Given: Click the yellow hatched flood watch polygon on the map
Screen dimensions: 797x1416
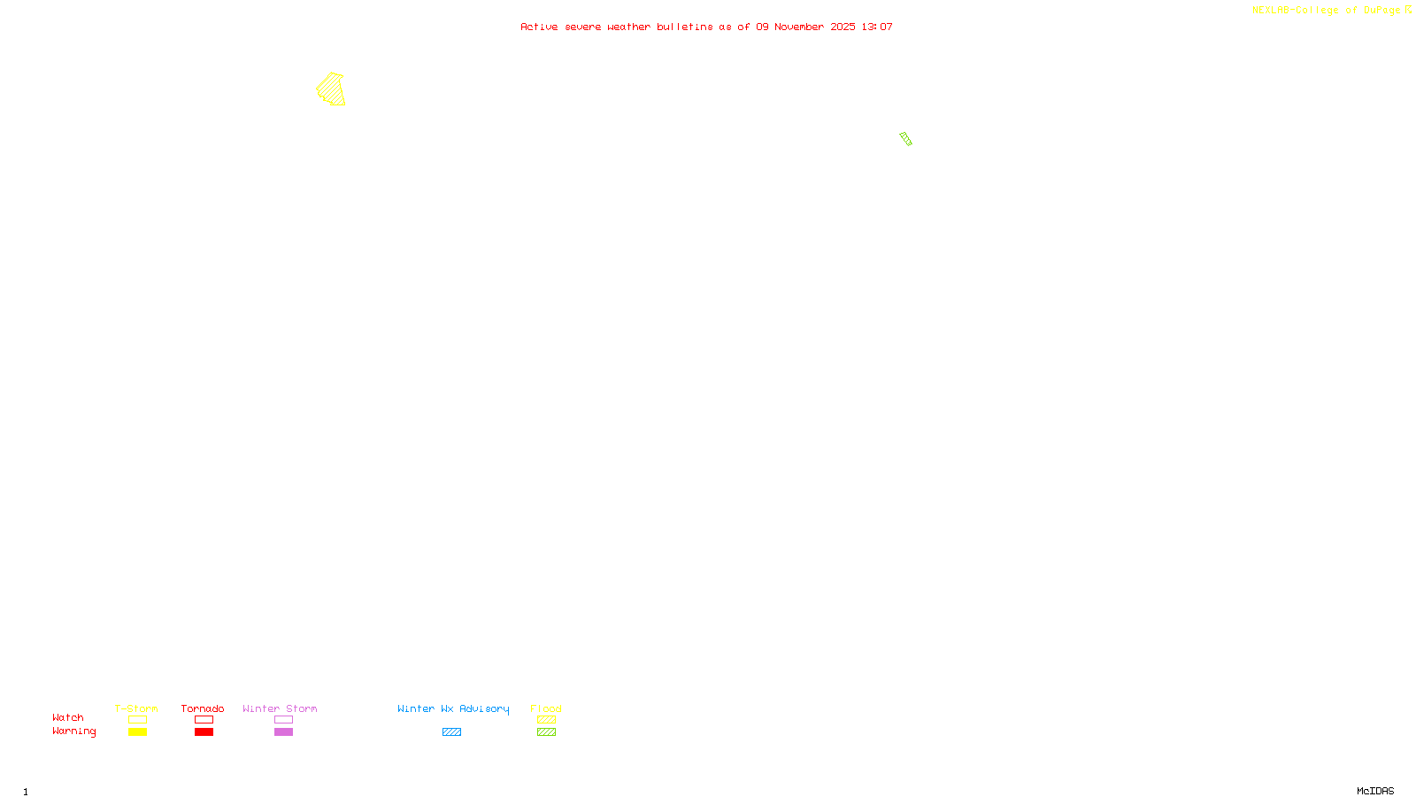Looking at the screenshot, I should (331, 89).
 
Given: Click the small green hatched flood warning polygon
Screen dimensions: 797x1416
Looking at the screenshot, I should (905, 139).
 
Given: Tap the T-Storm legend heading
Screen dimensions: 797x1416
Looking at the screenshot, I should (136, 708).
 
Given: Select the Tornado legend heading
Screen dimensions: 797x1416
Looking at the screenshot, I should (203, 708).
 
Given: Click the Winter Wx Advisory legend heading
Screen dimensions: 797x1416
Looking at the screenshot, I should (453, 708).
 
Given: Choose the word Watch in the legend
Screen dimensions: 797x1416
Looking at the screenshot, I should (68, 718).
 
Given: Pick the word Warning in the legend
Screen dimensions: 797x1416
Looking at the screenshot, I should (73, 731).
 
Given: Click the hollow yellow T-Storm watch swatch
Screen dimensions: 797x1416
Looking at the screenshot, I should (137, 720).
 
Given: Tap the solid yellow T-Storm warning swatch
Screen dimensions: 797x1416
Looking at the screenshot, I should (137, 732).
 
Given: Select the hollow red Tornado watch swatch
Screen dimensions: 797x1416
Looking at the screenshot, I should (204, 720).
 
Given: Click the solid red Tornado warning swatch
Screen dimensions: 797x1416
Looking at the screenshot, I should (204, 732).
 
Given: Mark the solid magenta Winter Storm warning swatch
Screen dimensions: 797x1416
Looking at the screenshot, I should (283, 732).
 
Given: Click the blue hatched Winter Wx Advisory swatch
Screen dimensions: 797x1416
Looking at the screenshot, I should (451, 732).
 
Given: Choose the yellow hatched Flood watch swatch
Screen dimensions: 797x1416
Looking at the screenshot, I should (546, 720).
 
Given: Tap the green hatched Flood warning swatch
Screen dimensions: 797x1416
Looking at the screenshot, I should (546, 732).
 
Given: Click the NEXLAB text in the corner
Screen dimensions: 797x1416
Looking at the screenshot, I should (1271, 11).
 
